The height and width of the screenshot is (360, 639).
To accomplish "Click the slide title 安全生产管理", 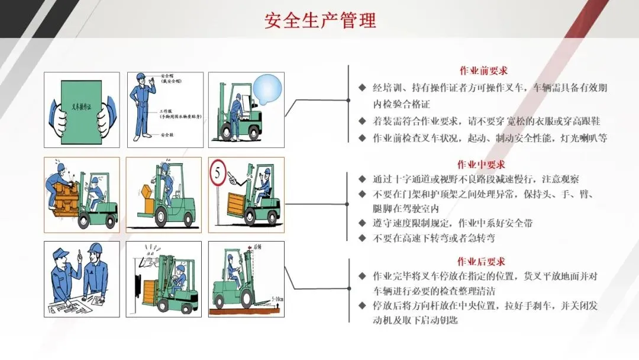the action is pyautogui.click(x=320, y=21).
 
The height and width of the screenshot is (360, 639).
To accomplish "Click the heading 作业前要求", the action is pyautogui.click(x=483, y=70).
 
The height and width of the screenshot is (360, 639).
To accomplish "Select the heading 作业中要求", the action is pyautogui.click(x=481, y=164).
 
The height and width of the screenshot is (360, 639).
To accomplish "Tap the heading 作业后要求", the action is pyautogui.click(x=481, y=261).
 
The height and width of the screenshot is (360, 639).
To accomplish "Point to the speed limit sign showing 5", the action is pyautogui.click(x=217, y=175).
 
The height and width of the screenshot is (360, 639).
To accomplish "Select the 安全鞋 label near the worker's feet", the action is pyautogui.click(x=167, y=135).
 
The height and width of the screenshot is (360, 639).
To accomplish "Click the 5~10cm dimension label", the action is pyautogui.click(x=276, y=300).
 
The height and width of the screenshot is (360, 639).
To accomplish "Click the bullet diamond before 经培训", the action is pyautogui.click(x=362, y=88).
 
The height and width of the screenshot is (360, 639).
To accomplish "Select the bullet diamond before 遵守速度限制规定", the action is pyautogui.click(x=362, y=223).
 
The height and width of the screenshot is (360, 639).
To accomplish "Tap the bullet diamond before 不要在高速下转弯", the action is pyautogui.click(x=362, y=238).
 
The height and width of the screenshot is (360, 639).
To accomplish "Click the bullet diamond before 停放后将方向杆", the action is pyautogui.click(x=362, y=306).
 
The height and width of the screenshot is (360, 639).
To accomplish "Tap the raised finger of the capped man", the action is pyautogui.click(x=78, y=254).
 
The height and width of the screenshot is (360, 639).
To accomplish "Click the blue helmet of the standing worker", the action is pyautogui.click(x=141, y=77).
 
